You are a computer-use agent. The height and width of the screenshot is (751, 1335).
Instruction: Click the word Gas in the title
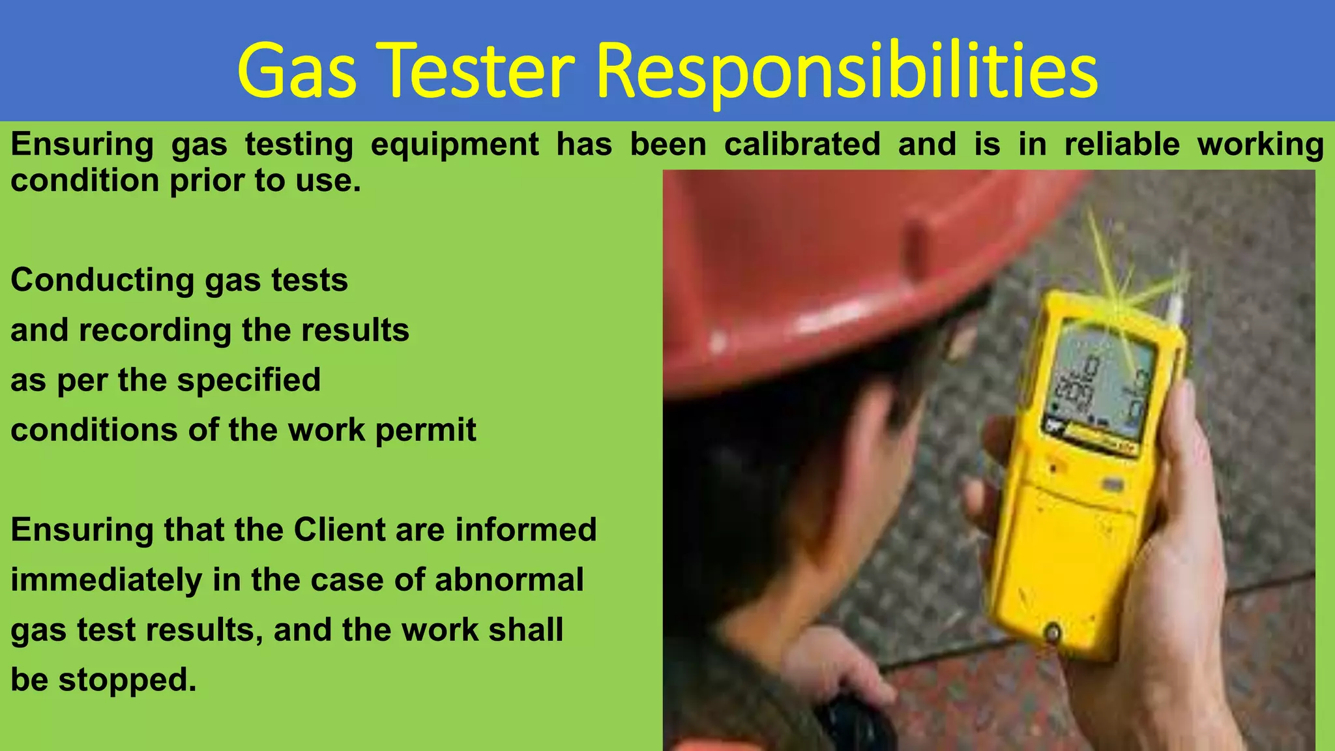(x=297, y=70)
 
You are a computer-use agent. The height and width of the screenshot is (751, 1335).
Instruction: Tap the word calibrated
(x=802, y=144)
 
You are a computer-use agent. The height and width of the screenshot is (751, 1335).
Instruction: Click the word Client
(x=339, y=529)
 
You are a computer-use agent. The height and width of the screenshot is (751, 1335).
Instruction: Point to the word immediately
(x=106, y=581)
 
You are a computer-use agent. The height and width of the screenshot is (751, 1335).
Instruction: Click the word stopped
(x=127, y=680)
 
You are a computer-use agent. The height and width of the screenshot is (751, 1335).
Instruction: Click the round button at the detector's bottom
(x=1051, y=631)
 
